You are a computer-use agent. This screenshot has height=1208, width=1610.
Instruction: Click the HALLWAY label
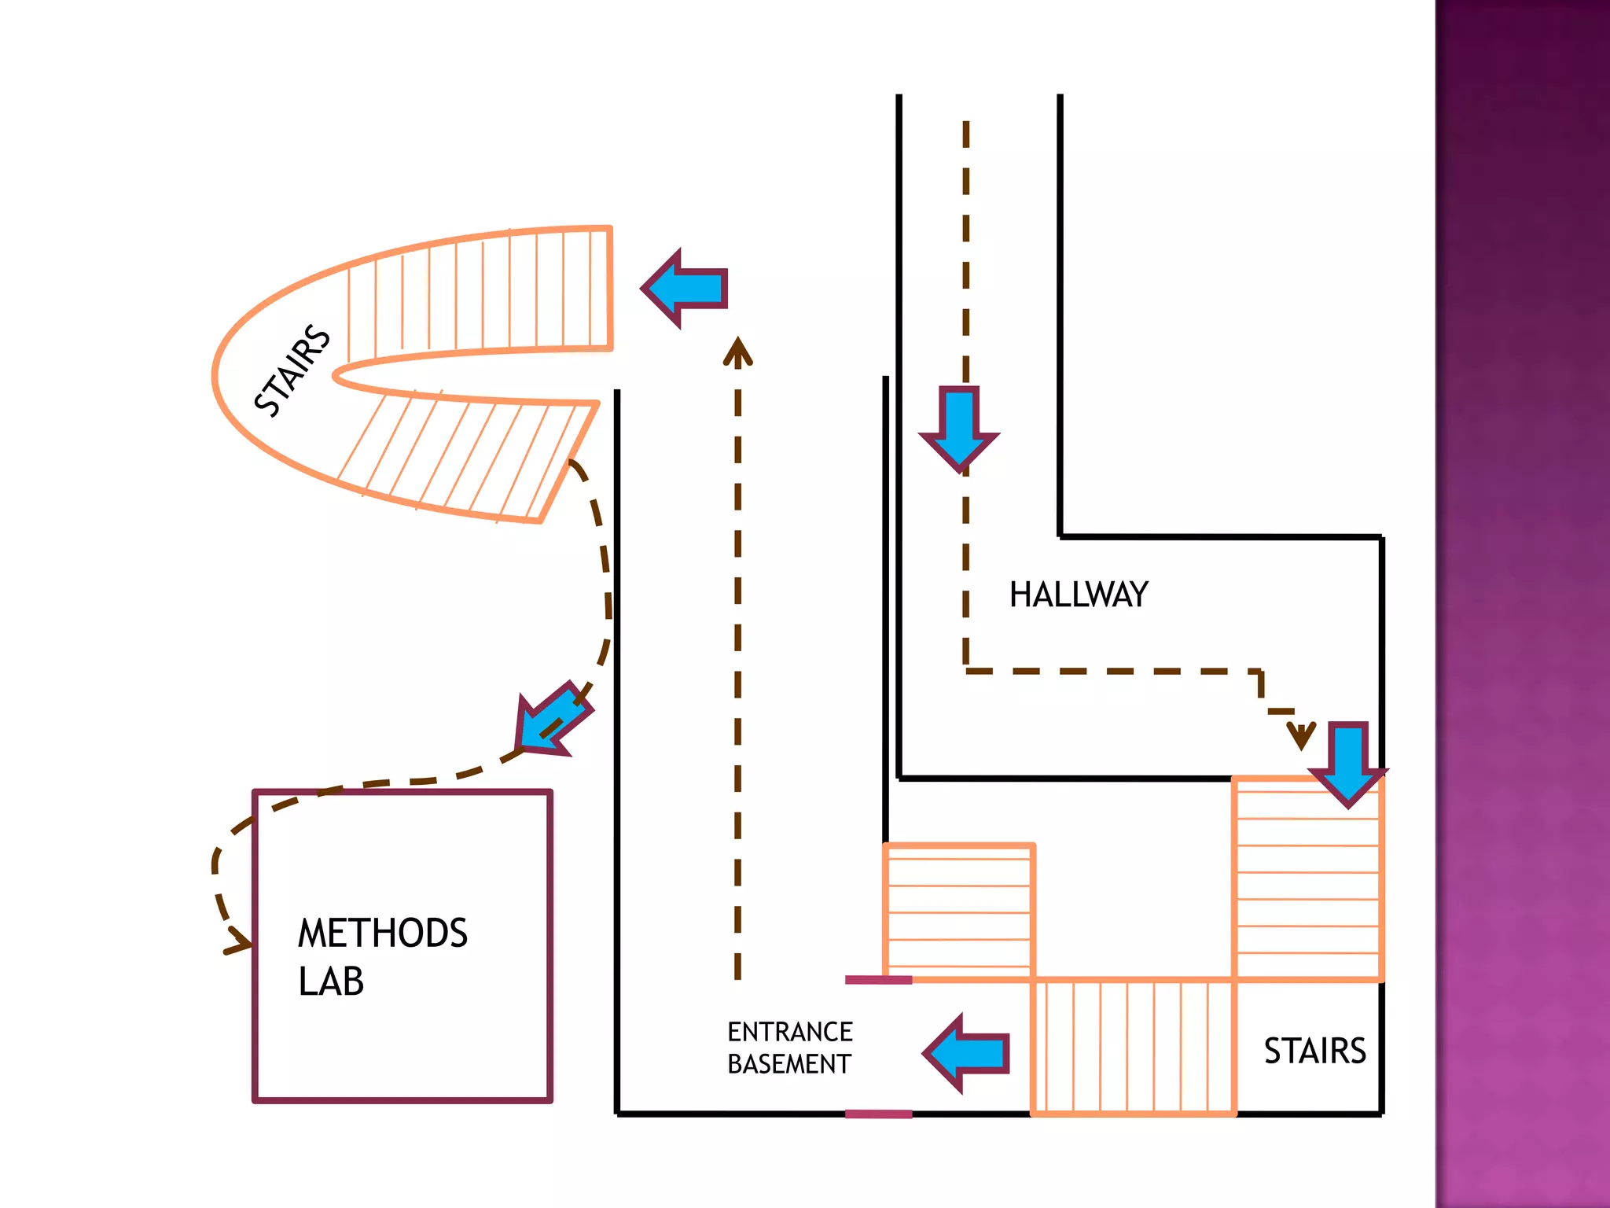click(1079, 595)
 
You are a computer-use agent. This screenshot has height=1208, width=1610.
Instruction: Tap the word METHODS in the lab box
click(383, 933)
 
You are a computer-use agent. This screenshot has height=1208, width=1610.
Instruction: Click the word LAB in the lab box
click(331, 981)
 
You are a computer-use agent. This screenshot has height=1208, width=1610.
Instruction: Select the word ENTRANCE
click(789, 1031)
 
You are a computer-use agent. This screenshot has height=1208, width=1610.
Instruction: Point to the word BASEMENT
click(788, 1064)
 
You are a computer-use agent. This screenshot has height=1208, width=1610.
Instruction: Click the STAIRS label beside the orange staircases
click(1314, 1051)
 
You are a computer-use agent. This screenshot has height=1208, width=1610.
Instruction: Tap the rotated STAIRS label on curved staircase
click(292, 370)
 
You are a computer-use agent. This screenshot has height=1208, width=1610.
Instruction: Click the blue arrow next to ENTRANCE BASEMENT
click(967, 1054)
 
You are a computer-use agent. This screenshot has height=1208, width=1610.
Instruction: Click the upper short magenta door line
click(878, 980)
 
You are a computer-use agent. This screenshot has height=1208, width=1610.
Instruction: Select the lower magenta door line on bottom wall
click(878, 1114)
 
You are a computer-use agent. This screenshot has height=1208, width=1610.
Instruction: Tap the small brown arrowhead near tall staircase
click(1301, 738)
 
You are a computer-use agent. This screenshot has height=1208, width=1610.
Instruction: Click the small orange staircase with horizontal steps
click(958, 912)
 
